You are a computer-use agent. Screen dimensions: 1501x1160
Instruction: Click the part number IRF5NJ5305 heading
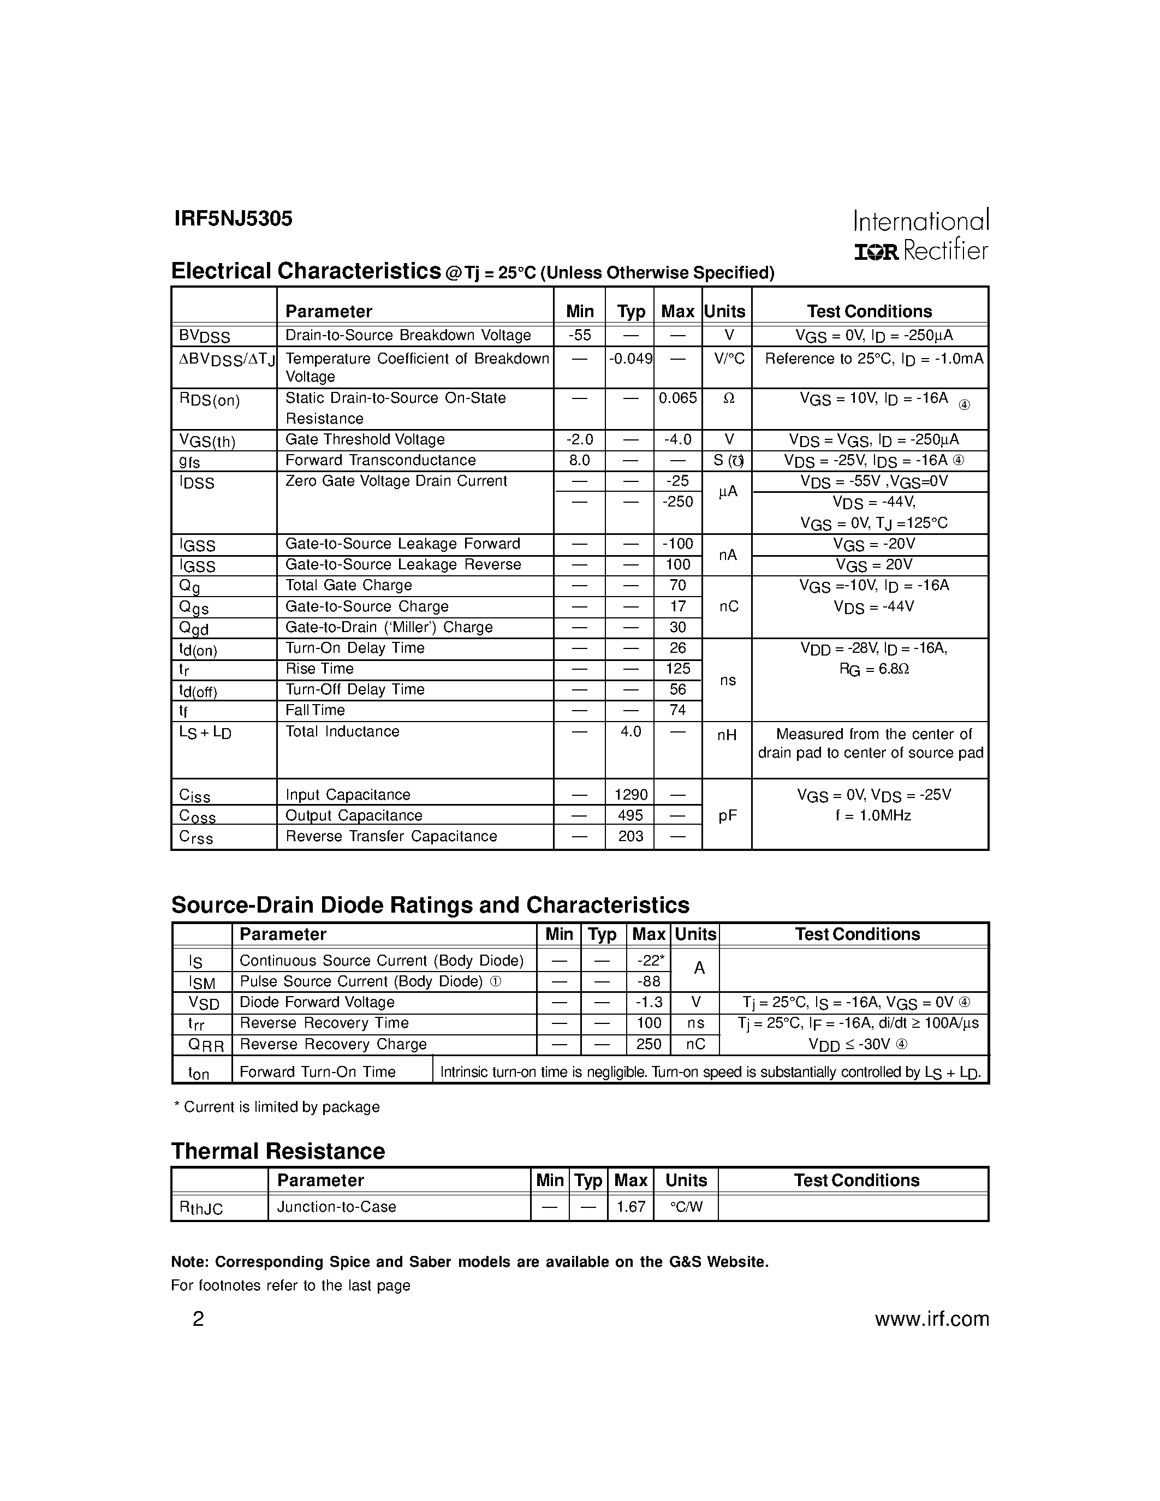coord(233,218)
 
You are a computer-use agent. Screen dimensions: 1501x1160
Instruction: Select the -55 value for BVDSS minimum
coord(579,335)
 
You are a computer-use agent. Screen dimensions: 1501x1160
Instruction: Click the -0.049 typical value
coord(630,358)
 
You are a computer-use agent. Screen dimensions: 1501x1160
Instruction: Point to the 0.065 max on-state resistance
coord(677,398)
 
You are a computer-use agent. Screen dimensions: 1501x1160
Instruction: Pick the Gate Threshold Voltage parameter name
coord(365,439)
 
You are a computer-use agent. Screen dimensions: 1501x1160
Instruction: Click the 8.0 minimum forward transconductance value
coord(579,460)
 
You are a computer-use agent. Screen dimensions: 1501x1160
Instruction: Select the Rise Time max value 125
coord(677,669)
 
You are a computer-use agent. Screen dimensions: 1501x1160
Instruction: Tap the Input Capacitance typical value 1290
coord(630,795)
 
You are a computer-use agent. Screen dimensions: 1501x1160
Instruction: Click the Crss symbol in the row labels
coord(196,837)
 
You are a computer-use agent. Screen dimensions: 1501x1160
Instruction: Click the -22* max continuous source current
coord(649,961)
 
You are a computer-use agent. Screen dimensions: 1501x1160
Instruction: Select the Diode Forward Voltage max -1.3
coord(649,1002)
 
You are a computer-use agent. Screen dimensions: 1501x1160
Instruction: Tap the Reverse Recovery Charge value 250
coord(649,1044)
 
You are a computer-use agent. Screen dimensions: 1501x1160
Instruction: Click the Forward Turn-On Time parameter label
coord(318,1072)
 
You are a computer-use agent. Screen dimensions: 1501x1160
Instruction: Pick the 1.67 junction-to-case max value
coord(630,1206)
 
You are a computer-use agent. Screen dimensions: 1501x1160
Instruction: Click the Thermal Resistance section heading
coord(278,1151)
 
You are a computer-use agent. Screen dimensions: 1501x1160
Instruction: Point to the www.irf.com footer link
coord(931,1319)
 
